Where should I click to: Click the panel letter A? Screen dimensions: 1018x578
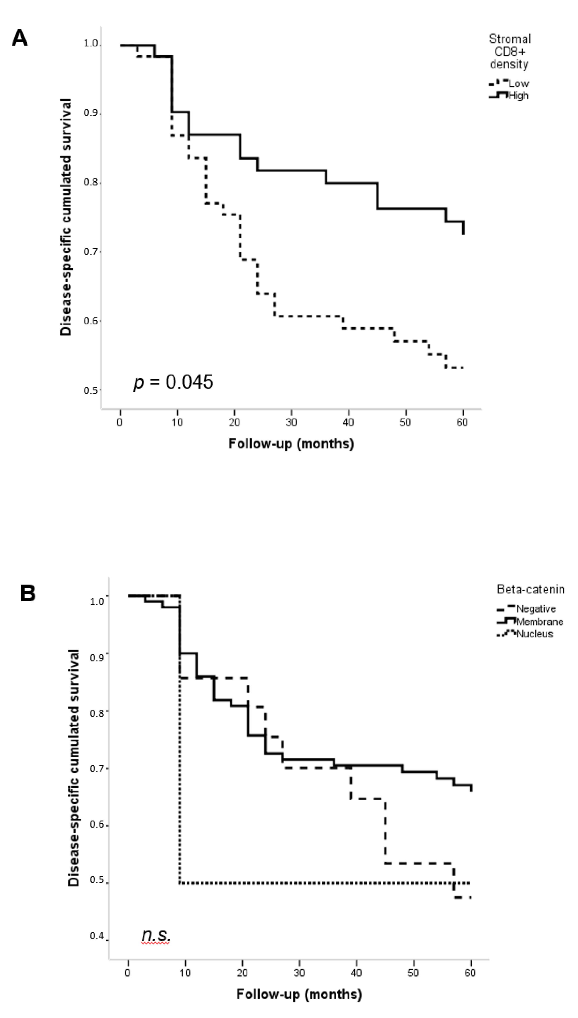click(x=20, y=38)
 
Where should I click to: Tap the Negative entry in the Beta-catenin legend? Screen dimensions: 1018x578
click(x=536, y=609)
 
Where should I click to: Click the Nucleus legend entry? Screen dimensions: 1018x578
click(x=534, y=634)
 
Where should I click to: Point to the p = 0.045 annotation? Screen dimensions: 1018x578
click(x=173, y=382)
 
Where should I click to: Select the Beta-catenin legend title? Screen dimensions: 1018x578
click(x=530, y=589)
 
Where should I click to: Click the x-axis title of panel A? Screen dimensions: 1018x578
click(x=291, y=443)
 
